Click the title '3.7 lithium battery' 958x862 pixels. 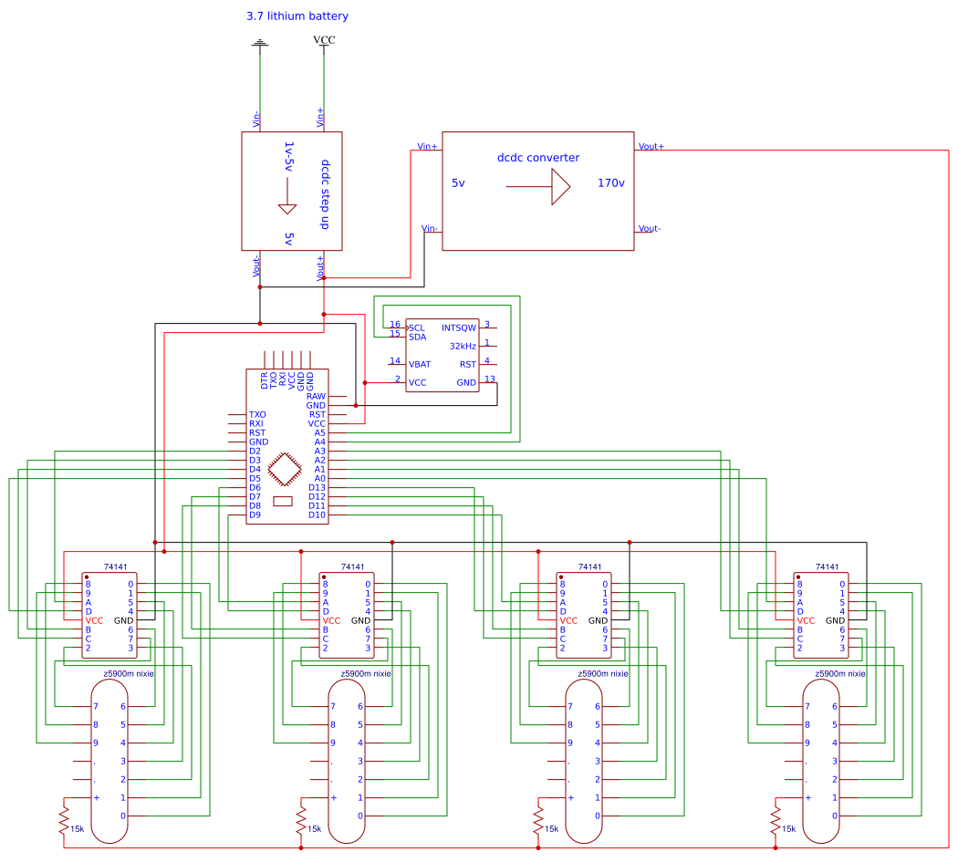click(x=297, y=16)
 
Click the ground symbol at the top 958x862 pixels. click(x=260, y=43)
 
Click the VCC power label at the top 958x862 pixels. click(x=324, y=41)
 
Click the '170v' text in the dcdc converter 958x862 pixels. click(x=610, y=183)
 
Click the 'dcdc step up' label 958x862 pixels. click(x=325, y=194)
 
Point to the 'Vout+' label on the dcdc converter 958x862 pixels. click(x=651, y=146)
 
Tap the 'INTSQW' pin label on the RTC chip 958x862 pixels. click(x=459, y=327)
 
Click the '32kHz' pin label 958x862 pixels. click(x=463, y=346)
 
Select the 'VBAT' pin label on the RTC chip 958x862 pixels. click(x=420, y=364)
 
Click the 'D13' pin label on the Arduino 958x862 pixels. click(x=317, y=488)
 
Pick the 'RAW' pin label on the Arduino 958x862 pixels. click(x=316, y=396)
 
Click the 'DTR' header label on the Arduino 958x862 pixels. click(x=265, y=380)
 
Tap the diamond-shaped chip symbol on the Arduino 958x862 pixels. click(x=287, y=470)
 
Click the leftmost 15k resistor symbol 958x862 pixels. click(x=64, y=818)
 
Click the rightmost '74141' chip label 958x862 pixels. click(x=828, y=566)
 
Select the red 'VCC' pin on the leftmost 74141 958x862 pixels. click(x=94, y=620)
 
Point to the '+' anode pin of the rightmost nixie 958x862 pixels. click(x=807, y=797)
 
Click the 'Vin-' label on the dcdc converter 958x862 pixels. click(x=429, y=228)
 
